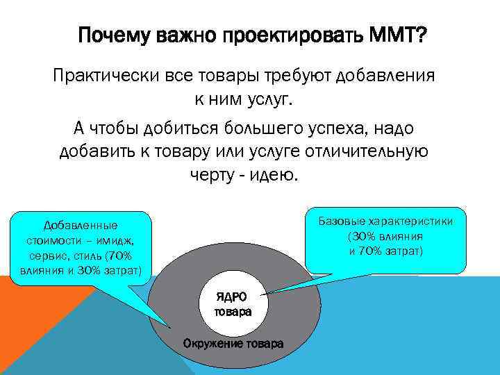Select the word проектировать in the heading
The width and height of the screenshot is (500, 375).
(290, 35)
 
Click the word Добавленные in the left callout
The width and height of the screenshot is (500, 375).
(81, 226)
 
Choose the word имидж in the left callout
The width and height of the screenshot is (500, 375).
(119, 240)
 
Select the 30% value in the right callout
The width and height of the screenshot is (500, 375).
(364, 236)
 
